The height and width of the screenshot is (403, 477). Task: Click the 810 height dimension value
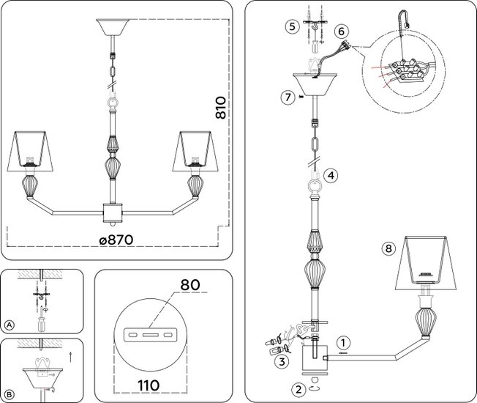(x=221, y=108)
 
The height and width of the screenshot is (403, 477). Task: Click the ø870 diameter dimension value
(x=116, y=240)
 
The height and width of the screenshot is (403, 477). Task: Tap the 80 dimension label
(x=190, y=285)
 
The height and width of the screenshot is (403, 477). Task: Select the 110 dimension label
(x=149, y=385)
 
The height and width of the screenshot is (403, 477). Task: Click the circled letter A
(x=10, y=325)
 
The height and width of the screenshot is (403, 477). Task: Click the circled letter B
(x=10, y=395)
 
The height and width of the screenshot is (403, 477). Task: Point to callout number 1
(x=343, y=343)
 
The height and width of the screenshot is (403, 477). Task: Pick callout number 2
(x=298, y=389)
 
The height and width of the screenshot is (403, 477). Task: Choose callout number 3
(x=282, y=361)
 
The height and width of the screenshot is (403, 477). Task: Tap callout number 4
(x=331, y=175)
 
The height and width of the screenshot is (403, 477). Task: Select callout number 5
(x=292, y=26)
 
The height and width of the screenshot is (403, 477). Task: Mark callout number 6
(x=341, y=32)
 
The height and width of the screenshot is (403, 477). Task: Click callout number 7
(x=288, y=97)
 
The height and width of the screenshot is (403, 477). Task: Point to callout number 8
(x=388, y=248)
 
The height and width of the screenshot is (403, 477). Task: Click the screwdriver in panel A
(x=42, y=320)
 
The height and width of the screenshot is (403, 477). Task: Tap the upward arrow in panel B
(x=70, y=357)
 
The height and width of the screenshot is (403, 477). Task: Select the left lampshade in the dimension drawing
(x=30, y=151)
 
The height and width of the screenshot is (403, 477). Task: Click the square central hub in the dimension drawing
(x=113, y=212)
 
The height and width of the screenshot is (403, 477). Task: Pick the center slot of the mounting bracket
(x=150, y=335)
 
